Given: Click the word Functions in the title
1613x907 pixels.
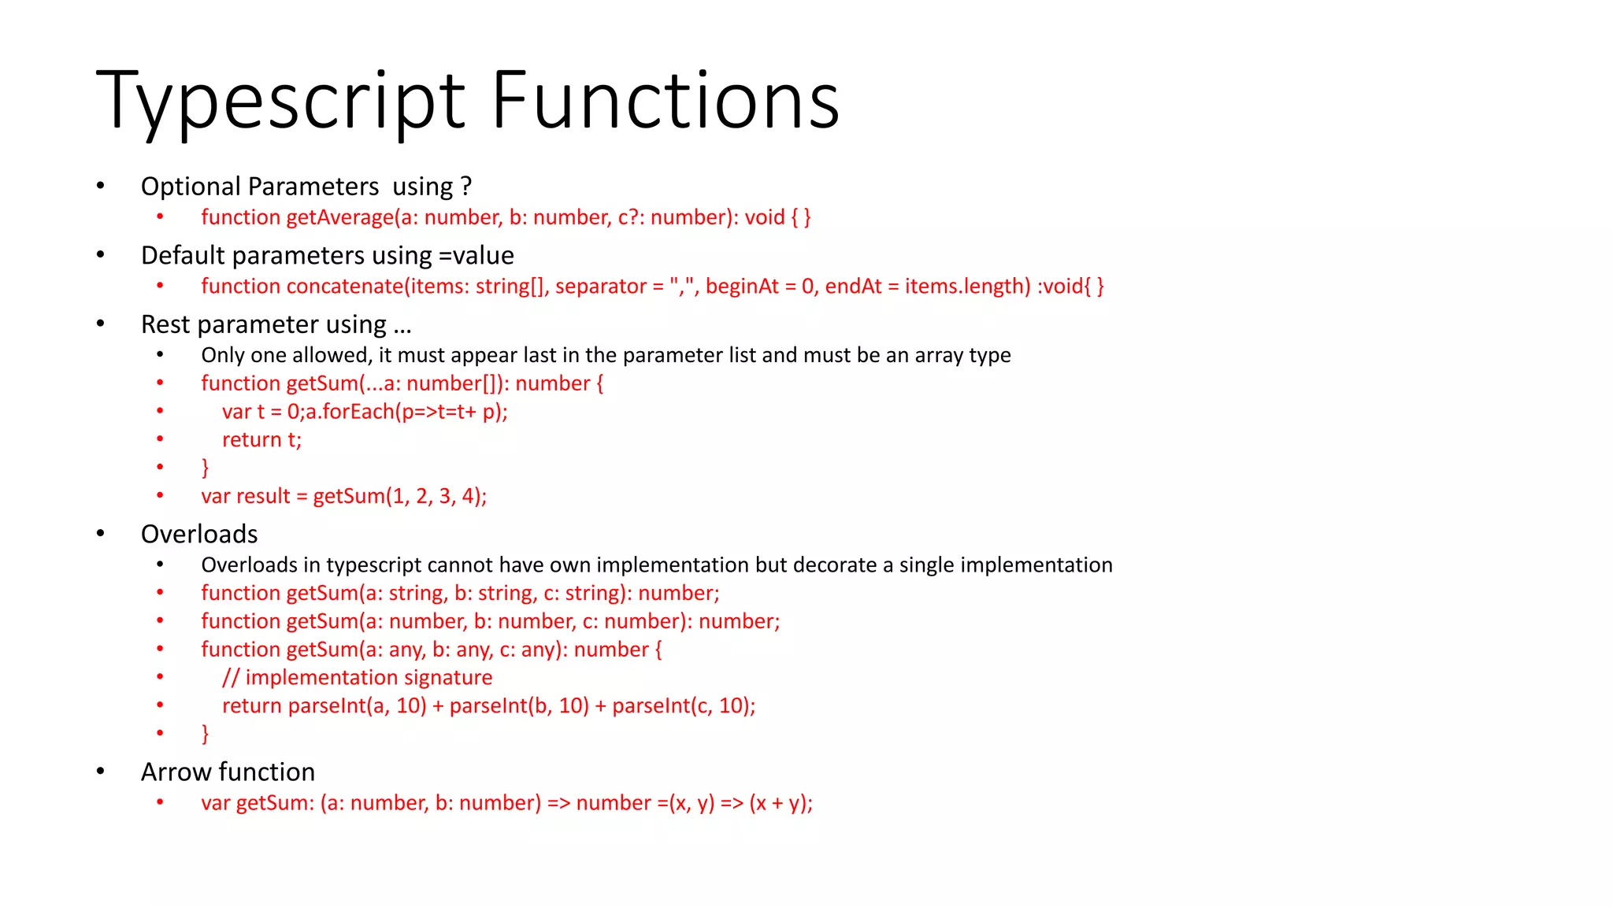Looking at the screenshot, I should click(666, 101).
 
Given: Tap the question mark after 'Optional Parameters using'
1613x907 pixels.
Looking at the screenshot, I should click(466, 187).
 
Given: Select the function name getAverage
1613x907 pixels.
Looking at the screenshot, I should click(339, 217).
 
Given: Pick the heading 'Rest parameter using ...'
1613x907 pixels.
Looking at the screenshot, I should click(276, 324).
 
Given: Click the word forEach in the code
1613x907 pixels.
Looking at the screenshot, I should click(358, 412).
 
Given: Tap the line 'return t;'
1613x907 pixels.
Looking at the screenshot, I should click(261, 440).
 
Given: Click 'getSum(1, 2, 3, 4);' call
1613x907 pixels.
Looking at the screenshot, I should click(399, 497).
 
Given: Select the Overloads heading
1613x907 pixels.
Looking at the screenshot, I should click(199, 535).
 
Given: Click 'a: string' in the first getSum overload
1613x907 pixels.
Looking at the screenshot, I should click(405, 594).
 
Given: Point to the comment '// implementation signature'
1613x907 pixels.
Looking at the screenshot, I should click(357, 678).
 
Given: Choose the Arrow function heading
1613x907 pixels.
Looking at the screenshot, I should click(228, 772).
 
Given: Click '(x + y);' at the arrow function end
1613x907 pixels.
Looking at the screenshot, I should click(781, 803).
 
